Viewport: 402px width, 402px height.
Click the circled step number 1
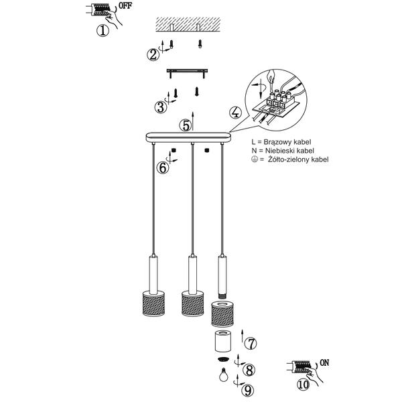[102, 31]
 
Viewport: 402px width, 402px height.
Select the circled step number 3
[159, 107]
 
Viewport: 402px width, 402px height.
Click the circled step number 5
[185, 125]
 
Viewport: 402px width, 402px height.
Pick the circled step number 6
[162, 167]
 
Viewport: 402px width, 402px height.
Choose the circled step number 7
[250, 345]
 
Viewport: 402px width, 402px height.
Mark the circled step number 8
[249, 369]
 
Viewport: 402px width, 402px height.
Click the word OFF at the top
[125, 8]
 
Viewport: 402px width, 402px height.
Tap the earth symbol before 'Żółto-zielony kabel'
[254, 160]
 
